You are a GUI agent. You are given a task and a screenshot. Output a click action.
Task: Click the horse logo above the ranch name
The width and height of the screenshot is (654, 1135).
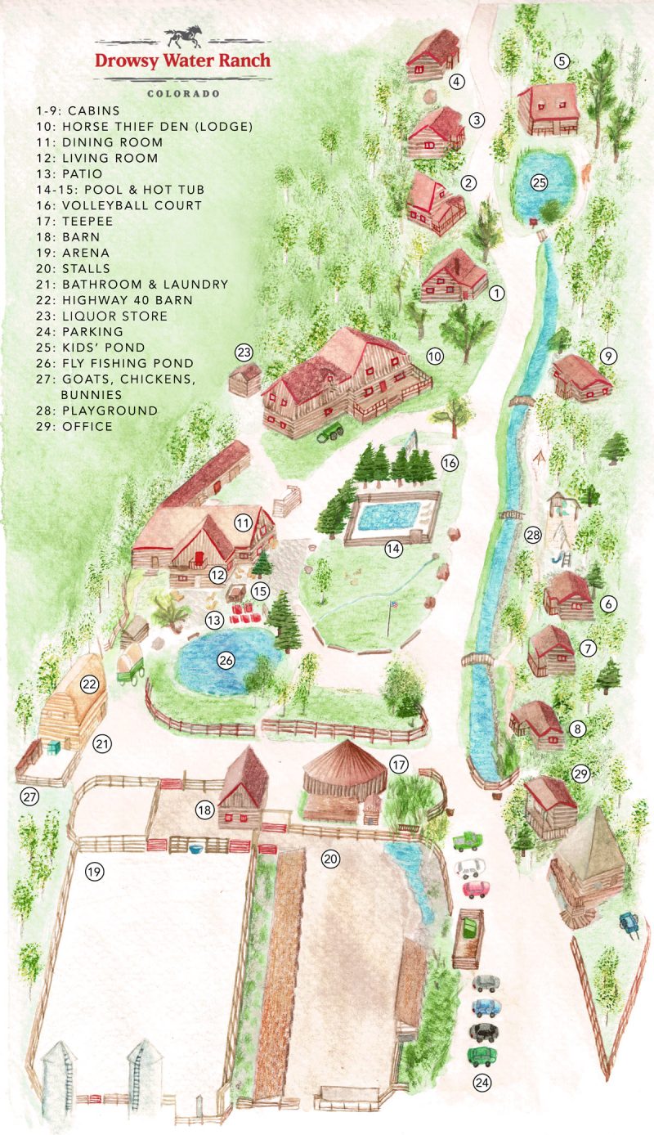(x=182, y=38)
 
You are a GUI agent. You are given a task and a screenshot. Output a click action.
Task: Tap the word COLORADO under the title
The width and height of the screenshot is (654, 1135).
(x=183, y=93)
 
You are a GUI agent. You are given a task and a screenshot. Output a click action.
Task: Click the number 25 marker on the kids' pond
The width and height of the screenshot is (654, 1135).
(x=538, y=182)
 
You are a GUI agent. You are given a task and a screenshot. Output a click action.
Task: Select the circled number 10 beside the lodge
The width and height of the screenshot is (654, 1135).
(x=434, y=356)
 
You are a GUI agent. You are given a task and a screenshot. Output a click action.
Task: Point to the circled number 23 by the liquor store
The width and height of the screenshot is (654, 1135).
(x=244, y=352)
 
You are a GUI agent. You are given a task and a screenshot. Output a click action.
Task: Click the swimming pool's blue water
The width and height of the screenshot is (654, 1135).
(x=388, y=516)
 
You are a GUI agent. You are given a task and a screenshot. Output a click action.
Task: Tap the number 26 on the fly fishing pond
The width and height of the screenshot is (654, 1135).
(x=225, y=659)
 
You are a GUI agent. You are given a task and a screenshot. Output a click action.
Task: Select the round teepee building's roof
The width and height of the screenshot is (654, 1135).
(x=343, y=760)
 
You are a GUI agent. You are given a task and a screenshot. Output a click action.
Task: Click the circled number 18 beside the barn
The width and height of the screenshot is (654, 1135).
(x=205, y=810)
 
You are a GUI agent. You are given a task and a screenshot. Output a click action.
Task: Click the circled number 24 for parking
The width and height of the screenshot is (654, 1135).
(x=483, y=1083)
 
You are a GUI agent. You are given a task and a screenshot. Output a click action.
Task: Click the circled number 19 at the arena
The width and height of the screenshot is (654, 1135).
(x=95, y=872)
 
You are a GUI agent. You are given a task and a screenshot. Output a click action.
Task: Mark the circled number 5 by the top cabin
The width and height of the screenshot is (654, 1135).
(x=561, y=61)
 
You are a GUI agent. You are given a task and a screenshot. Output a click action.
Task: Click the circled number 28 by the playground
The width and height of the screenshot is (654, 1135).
(x=533, y=535)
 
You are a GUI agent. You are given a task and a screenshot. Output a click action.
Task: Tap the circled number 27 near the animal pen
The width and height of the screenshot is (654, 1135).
(x=29, y=796)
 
